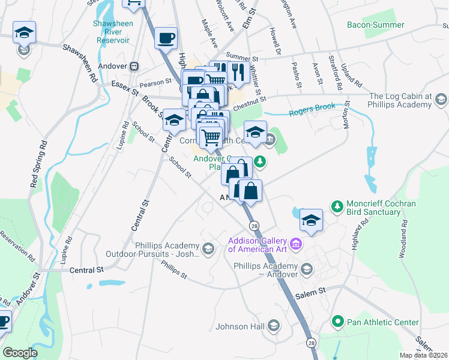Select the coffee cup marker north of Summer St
pyautogui.click(x=166, y=38)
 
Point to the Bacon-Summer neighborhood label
pyautogui.click(x=376, y=25)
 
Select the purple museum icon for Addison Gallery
pyautogui.click(x=295, y=244)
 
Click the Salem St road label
pyautogui.click(x=312, y=290)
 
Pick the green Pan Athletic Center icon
pyautogui.click(x=337, y=322)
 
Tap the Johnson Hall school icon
pyautogui.click(x=273, y=326)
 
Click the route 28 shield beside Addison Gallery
pyautogui.click(x=255, y=225)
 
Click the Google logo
pyautogui.click(x=20, y=353)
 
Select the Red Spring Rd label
pyautogui.click(x=37, y=165)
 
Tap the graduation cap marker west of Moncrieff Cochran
pyautogui.click(x=311, y=220)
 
